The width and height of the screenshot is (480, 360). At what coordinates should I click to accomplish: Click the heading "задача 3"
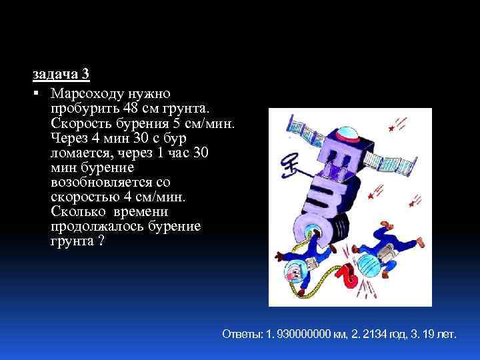(x=61, y=73)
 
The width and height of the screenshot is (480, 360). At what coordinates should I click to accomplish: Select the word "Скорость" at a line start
(x=75, y=124)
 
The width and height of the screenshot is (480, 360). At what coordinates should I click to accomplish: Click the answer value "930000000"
(x=302, y=333)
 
